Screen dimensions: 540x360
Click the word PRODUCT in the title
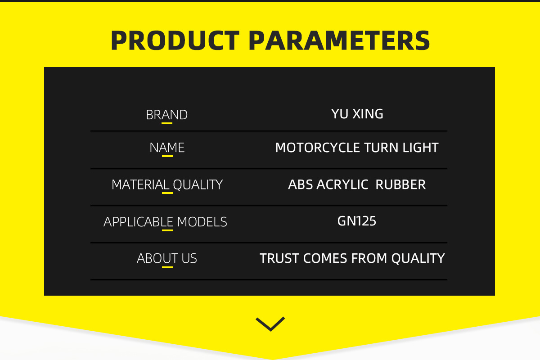click(x=175, y=40)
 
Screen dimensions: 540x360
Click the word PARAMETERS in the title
click(x=339, y=40)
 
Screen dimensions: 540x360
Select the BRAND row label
click(x=167, y=115)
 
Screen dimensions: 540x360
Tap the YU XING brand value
click(x=357, y=114)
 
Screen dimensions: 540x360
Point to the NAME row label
click(x=167, y=148)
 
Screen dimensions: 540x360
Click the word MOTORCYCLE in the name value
click(x=318, y=148)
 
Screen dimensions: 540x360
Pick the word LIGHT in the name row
click(x=420, y=148)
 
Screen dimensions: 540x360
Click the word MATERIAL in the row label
click(x=140, y=184)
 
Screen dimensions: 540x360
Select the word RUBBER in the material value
click(x=400, y=184)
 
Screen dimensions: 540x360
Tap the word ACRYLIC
click(x=342, y=184)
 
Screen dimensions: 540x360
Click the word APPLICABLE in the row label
click(x=139, y=222)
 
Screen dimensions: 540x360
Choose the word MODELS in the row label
click(x=202, y=222)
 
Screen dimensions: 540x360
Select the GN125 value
click(x=357, y=221)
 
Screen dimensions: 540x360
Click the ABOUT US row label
click(x=167, y=258)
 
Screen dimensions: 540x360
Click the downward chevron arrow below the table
click(x=270, y=324)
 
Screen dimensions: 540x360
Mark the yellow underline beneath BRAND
click(x=167, y=123)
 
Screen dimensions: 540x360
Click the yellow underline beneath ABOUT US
click(x=167, y=267)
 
